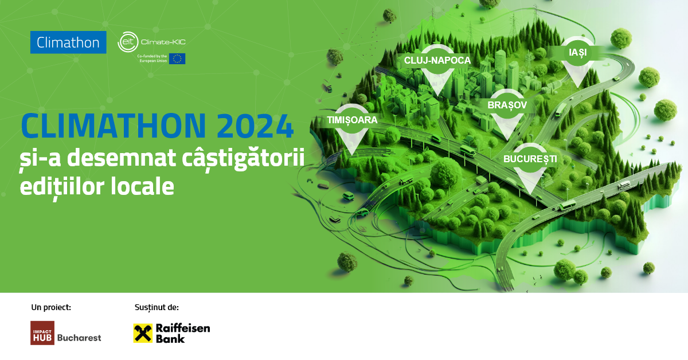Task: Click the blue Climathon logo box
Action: [x=68, y=42]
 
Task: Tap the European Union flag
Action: [x=177, y=58]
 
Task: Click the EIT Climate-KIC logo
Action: [x=151, y=42]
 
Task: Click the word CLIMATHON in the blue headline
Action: [x=115, y=126]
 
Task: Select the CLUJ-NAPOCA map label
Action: [x=437, y=60]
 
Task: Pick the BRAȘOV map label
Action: [x=507, y=105]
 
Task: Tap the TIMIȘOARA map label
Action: [x=352, y=120]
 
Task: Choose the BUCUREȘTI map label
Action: [x=530, y=159]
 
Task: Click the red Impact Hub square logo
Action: [x=42, y=333]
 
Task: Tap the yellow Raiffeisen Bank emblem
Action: [x=143, y=333]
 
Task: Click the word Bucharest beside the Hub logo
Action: [x=79, y=338]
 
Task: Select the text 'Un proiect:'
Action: [x=51, y=307]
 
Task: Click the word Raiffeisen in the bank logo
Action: [x=183, y=328]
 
